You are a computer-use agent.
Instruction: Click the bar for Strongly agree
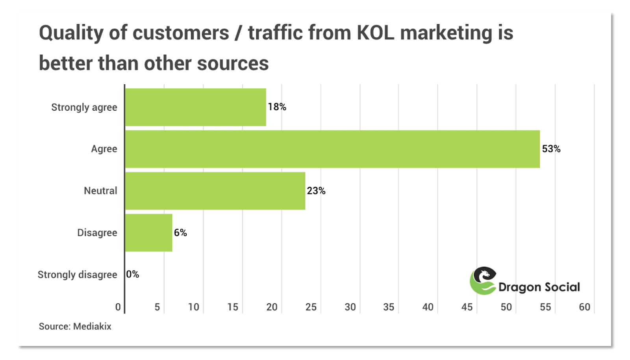tap(195, 107)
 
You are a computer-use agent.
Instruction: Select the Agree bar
tap(332, 149)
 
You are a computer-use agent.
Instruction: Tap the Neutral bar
tap(215, 191)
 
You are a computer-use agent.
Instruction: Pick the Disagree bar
tap(148, 232)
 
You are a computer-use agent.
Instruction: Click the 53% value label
tap(551, 149)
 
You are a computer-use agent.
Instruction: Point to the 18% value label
tap(277, 107)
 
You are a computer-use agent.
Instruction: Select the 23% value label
tap(316, 191)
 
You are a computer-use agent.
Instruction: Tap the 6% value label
tap(180, 232)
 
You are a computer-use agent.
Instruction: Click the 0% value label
tap(133, 274)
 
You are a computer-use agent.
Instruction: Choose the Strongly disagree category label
tap(77, 275)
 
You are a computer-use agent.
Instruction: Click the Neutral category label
tap(100, 191)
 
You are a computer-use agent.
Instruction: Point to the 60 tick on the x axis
tap(584, 307)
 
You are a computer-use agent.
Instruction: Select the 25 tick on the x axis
tap(311, 307)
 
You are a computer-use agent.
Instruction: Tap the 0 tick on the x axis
tap(118, 307)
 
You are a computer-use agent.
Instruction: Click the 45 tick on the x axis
tap(467, 307)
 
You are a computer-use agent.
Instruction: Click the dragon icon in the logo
tap(483, 280)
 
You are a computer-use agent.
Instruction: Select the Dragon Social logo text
tap(539, 287)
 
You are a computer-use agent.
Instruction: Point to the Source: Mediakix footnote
tap(75, 327)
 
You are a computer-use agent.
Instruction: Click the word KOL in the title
tap(375, 33)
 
